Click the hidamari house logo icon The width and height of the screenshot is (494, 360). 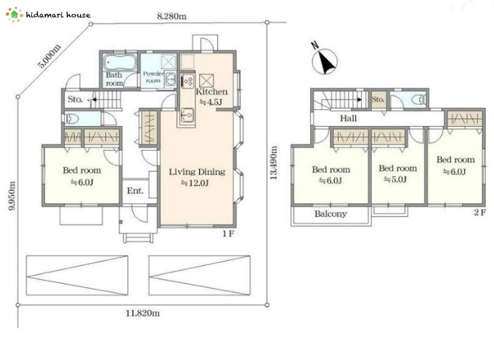tap(14, 15)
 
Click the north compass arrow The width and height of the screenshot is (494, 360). tap(325, 62)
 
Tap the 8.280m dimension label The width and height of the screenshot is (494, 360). tap(172, 16)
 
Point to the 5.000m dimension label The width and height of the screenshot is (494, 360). tap(49, 56)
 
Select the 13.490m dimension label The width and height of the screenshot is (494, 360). tap(274, 163)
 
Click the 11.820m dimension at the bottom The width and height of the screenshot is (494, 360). tap(143, 313)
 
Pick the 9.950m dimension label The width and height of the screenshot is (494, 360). tap(12, 196)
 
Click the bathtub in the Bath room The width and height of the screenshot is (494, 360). tap(120, 63)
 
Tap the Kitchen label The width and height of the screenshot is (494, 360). tap(211, 92)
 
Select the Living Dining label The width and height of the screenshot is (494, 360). tap(197, 172)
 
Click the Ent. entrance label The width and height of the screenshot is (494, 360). tap(135, 191)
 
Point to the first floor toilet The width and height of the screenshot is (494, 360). tap(71, 118)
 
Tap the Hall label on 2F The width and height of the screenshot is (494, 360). tap(349, 118)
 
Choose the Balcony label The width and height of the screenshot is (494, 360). tap(330, 214)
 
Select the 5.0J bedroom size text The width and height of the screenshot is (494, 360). tap(395, 179)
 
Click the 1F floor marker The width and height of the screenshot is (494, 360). tap(228, 234)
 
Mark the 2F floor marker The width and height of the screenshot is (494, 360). tap(480, 212)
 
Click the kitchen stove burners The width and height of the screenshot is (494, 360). tap(188, 82)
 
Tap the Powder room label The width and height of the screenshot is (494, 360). tap(153, 77)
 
